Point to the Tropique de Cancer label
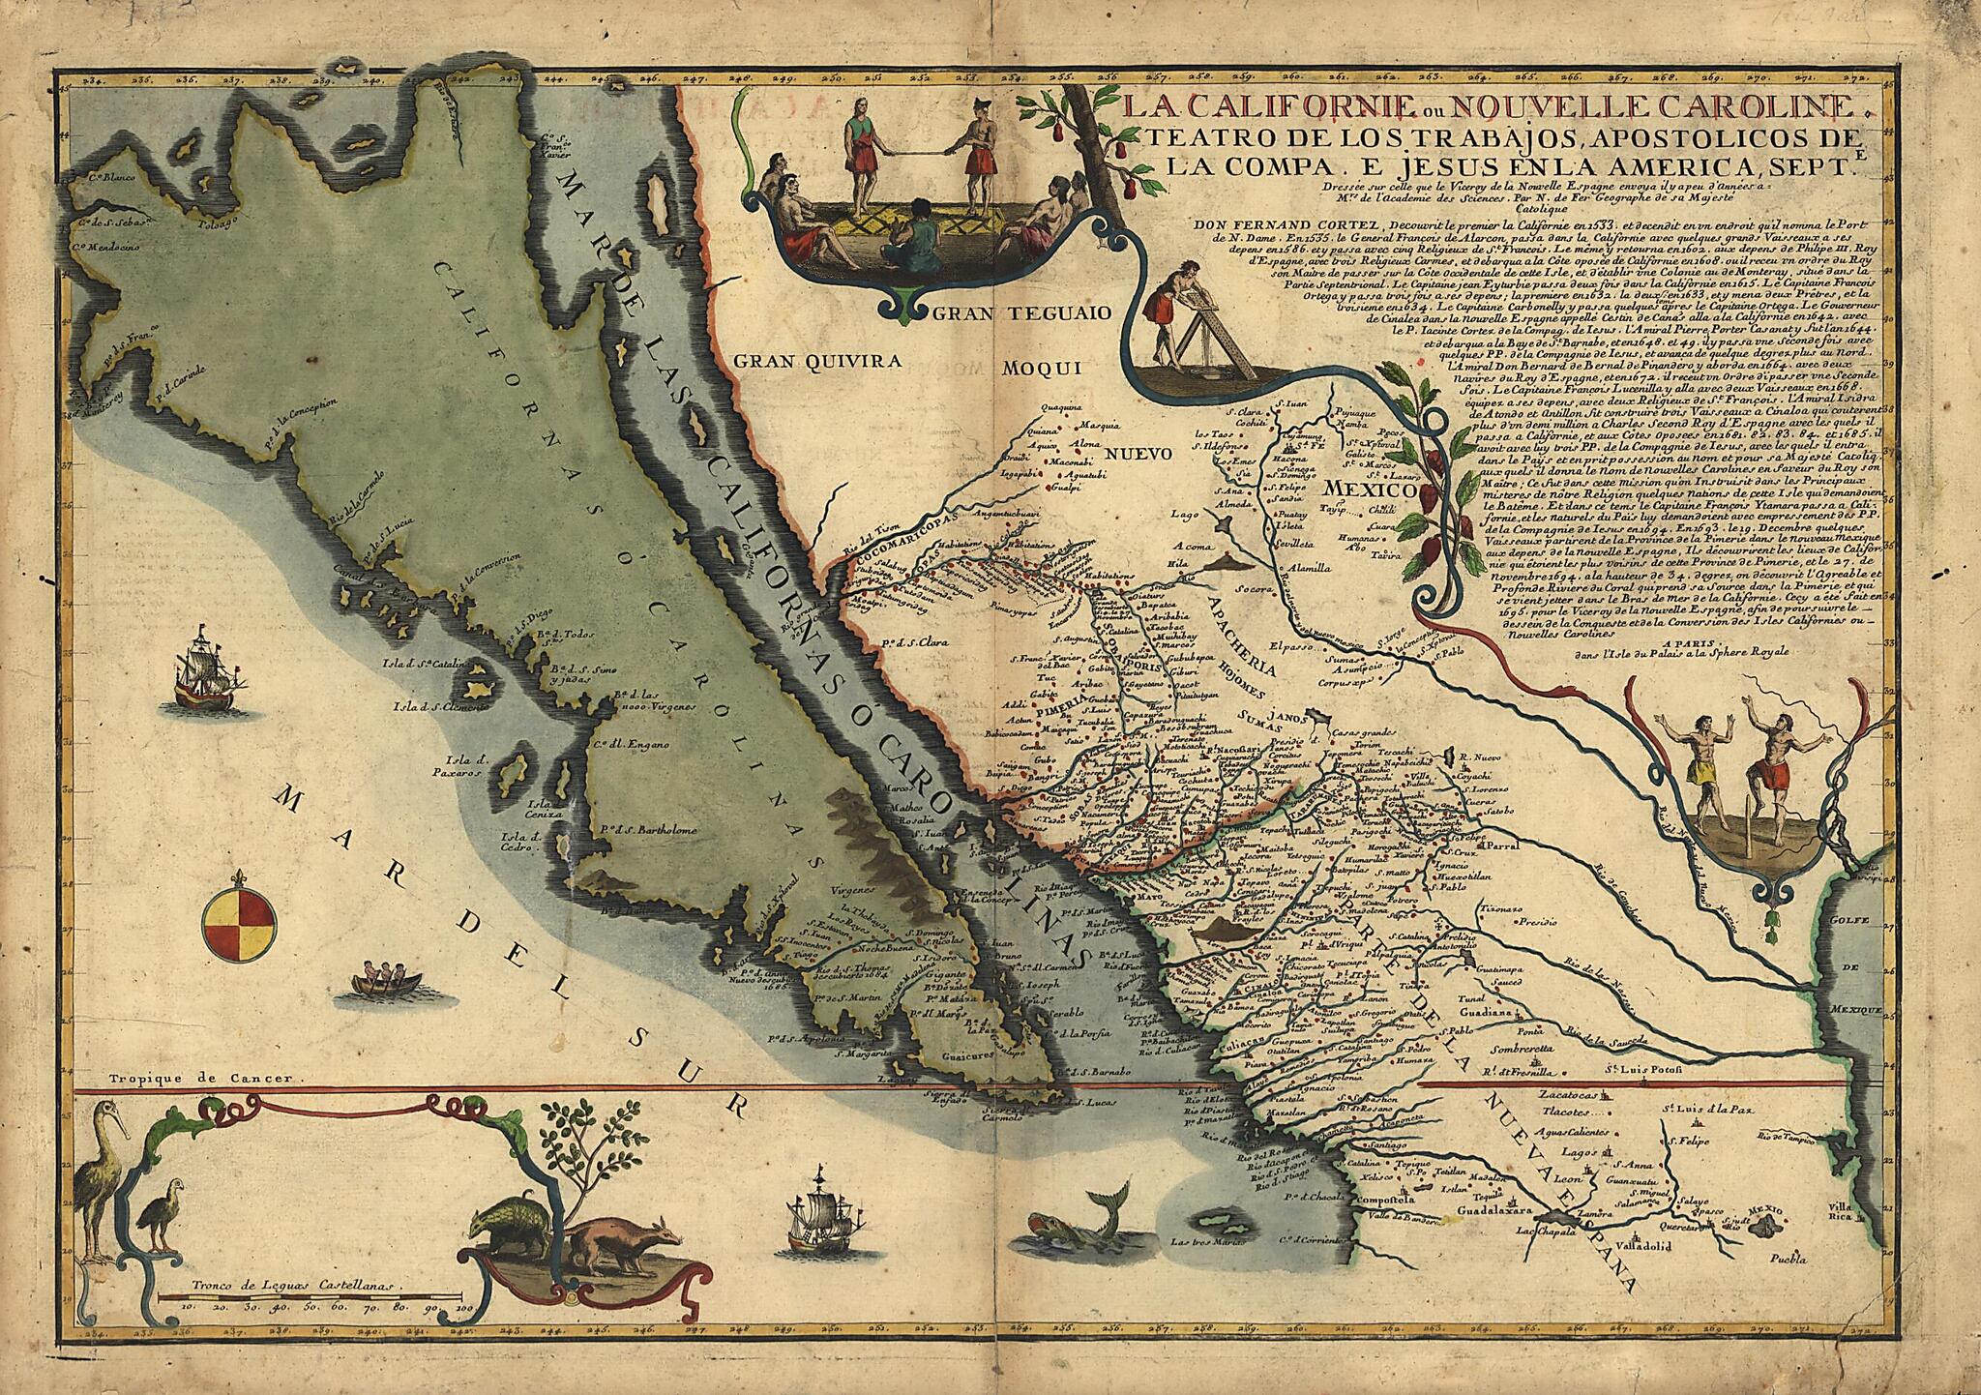[x=206, y=1077]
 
